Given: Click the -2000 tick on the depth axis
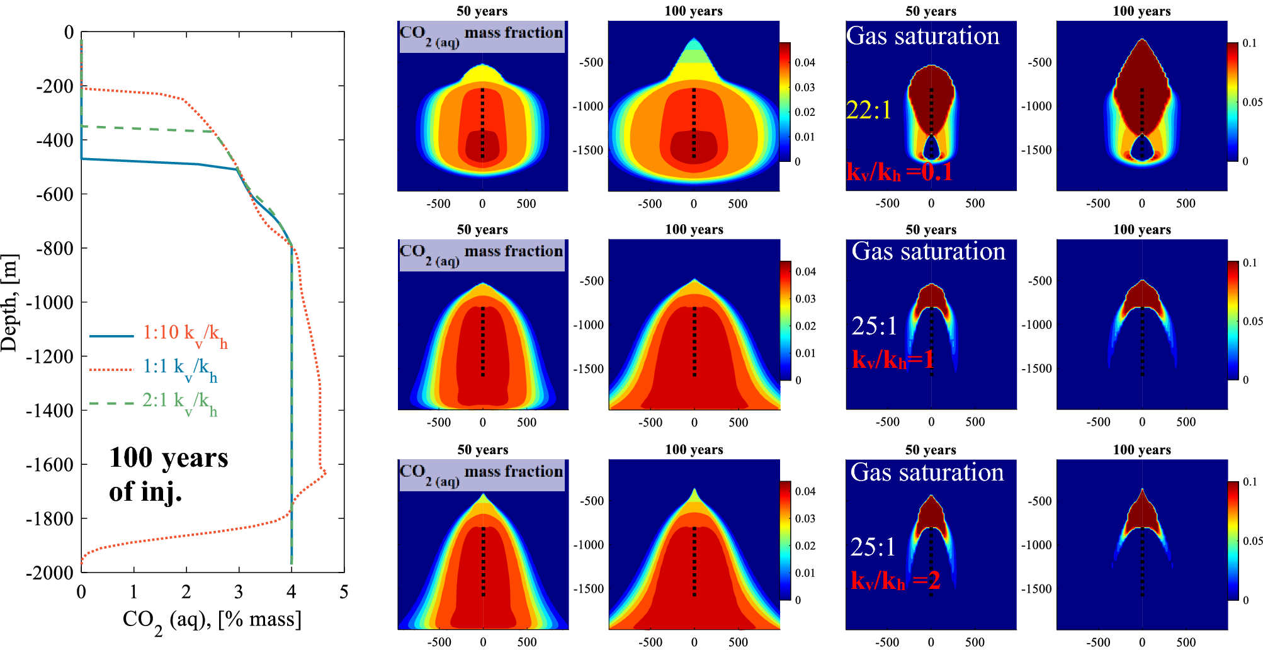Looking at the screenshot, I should [x=50, y=573].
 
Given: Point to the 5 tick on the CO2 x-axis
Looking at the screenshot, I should [x=344, y=592].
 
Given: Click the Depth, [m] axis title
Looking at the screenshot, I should [x=9, y=302].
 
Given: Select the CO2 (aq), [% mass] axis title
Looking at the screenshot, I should [x=212, y=620].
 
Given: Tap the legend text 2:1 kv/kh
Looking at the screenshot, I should [x=179, y=401].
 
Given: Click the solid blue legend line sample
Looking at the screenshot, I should [x=111, y=336].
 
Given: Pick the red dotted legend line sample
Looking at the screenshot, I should [x=111, y=370].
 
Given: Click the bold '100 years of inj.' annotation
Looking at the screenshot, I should [x=168, y=474].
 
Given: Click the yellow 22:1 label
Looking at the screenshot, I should [x=869, y=110].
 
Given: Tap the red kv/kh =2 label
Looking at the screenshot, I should [x=895, y=581].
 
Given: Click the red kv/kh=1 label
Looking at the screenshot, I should [x=893, y=360].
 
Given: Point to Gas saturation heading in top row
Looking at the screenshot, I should [x=922, y=36].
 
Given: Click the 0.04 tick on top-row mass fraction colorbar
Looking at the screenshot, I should [x=805, y=62].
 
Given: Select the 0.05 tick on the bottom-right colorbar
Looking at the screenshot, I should [x=1252, y=541].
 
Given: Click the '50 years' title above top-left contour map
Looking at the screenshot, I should [x=482, y=11].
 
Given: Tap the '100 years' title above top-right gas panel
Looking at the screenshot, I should [x=1141, y=11].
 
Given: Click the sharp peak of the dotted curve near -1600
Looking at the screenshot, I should [x=325, y=474].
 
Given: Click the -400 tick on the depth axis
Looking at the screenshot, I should [x=55, y=140].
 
